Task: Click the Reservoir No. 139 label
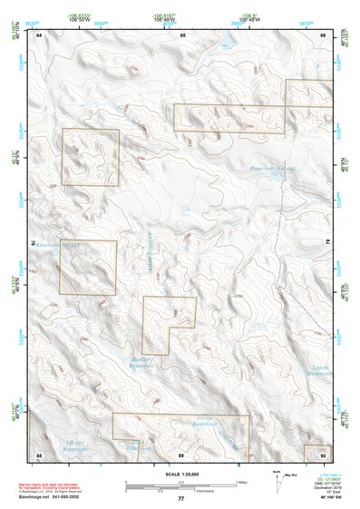(x=274, y=169)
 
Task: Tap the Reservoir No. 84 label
(x=58, y=245)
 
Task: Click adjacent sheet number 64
(x=39, y=34)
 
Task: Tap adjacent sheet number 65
(x=182, y=34)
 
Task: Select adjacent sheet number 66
(x=324, y=34)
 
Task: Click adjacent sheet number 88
(x=39, y=453)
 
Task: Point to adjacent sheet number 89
(x=181, y=453)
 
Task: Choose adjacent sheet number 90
(x=324, y=453)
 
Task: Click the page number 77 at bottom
(x=180, y=498)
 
